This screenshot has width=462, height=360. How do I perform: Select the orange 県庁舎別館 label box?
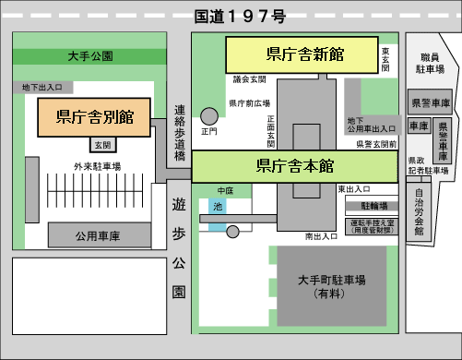tap(95, 116)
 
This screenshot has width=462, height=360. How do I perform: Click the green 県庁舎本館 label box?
tap(294, 167)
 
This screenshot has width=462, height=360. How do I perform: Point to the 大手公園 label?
tap(90, 56)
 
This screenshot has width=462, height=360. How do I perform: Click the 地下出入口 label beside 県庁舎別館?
tap(42, 88)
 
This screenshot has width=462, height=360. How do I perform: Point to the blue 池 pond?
tap(219, 207)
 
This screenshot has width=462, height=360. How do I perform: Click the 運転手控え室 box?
tap(373, 225)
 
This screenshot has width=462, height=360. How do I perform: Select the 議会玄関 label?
tap(248, 80)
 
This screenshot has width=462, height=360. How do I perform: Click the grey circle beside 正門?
tap(210, 116)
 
